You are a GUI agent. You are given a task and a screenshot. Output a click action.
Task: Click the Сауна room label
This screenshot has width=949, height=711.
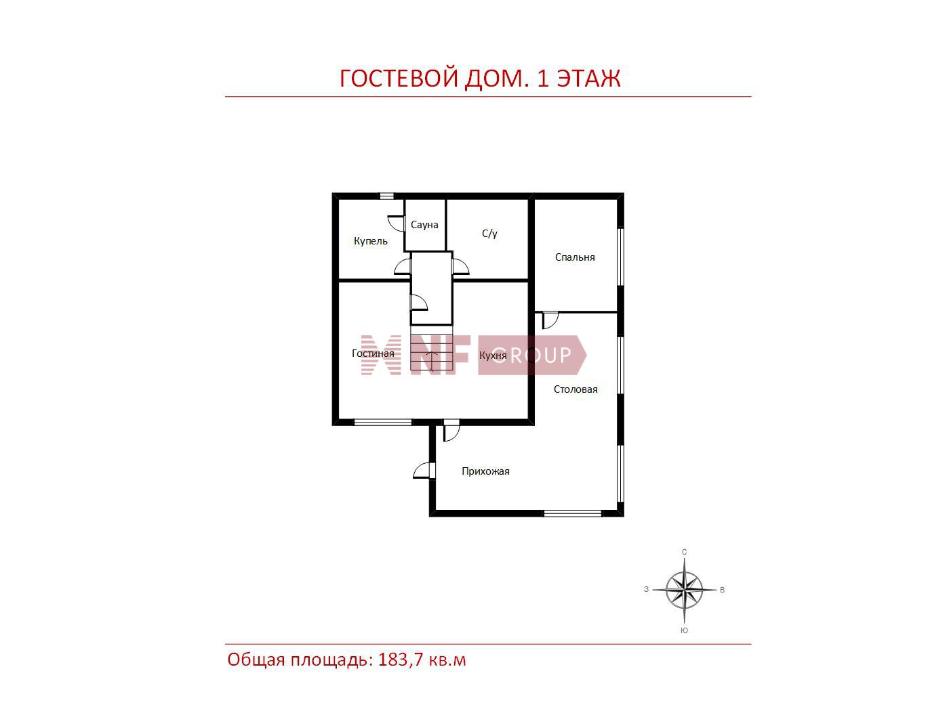pyautogui.click(x=424, y=225)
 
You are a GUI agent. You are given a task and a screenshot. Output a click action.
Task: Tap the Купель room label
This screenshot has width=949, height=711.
pyautogui.click(x=371, y=241)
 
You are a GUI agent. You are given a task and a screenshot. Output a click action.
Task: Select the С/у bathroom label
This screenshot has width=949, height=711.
pyautogui.click(x=489, y=234)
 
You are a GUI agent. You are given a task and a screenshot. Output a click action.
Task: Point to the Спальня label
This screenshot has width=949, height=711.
pyautogui.click(x=575, y=257)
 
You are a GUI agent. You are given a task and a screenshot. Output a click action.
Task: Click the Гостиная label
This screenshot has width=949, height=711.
pyautogui.click(x=373, y=353)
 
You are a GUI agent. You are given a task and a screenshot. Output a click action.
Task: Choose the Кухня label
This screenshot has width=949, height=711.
pyautogui.click(x=493, y=355)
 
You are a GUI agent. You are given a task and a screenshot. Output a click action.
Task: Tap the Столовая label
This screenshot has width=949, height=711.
pyautogui.click(x=576, y=389)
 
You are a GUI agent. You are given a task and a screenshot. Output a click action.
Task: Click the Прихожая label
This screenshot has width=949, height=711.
pyautogui.click(x=485, y=471)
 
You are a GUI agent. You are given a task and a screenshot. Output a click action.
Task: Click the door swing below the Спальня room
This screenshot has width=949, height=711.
pyautogui.click(x=550, y=320)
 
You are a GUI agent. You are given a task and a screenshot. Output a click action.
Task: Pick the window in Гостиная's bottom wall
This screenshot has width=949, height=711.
pyautogui.click(x=383, y=422)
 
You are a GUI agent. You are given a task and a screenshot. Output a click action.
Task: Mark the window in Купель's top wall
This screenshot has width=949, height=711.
pyautogui.click(x=386, y=196)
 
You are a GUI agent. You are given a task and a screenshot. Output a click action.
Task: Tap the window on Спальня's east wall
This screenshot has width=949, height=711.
pyautogui.click(x=620, y=257)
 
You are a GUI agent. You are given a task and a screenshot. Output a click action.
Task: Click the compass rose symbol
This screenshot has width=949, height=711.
pyautogui.click(x=684, y=590)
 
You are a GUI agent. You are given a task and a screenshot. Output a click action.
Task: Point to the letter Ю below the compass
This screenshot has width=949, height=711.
pyautogui.click(x=684, y=630)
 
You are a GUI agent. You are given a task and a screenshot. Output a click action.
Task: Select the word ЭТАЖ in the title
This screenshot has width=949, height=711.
pyautogui.click(x=588, y=79)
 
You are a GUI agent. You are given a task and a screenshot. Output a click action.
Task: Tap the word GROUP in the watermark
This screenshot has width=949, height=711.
pyautogui.click(x=532, y=355)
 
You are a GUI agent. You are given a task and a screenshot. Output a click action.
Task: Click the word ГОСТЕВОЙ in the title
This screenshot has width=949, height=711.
pyautogui.click(x=399, y=79)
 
